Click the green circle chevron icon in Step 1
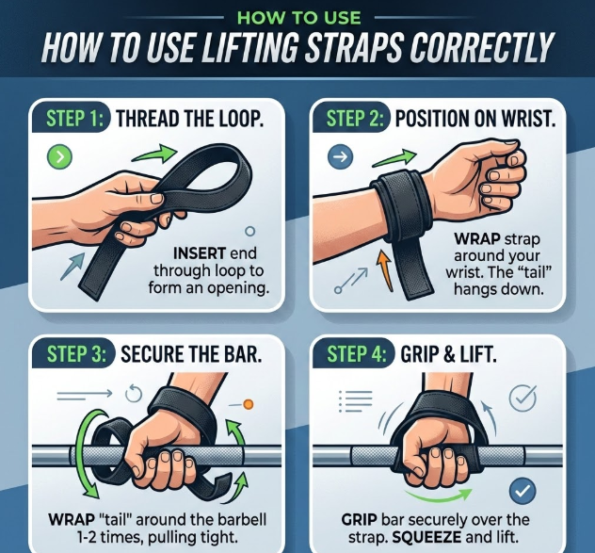(59, 156)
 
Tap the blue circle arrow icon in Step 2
(340, 156)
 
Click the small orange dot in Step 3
(249, 404)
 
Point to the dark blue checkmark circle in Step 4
(523, 490)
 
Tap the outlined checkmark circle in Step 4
(523, 398)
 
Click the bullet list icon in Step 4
(355, 401)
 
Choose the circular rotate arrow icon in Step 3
(134, 394)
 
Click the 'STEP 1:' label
(74, 119)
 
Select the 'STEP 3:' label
(76, 354)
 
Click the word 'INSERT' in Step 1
(200, 253)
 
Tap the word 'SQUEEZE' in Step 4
(426, 537)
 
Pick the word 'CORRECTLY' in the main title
(481, 47)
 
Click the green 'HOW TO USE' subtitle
(299, 18)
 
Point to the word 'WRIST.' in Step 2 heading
(528, 119)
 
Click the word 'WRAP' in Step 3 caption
(72, 520)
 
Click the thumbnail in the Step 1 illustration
(156, 198)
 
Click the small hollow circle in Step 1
(249, 231)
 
